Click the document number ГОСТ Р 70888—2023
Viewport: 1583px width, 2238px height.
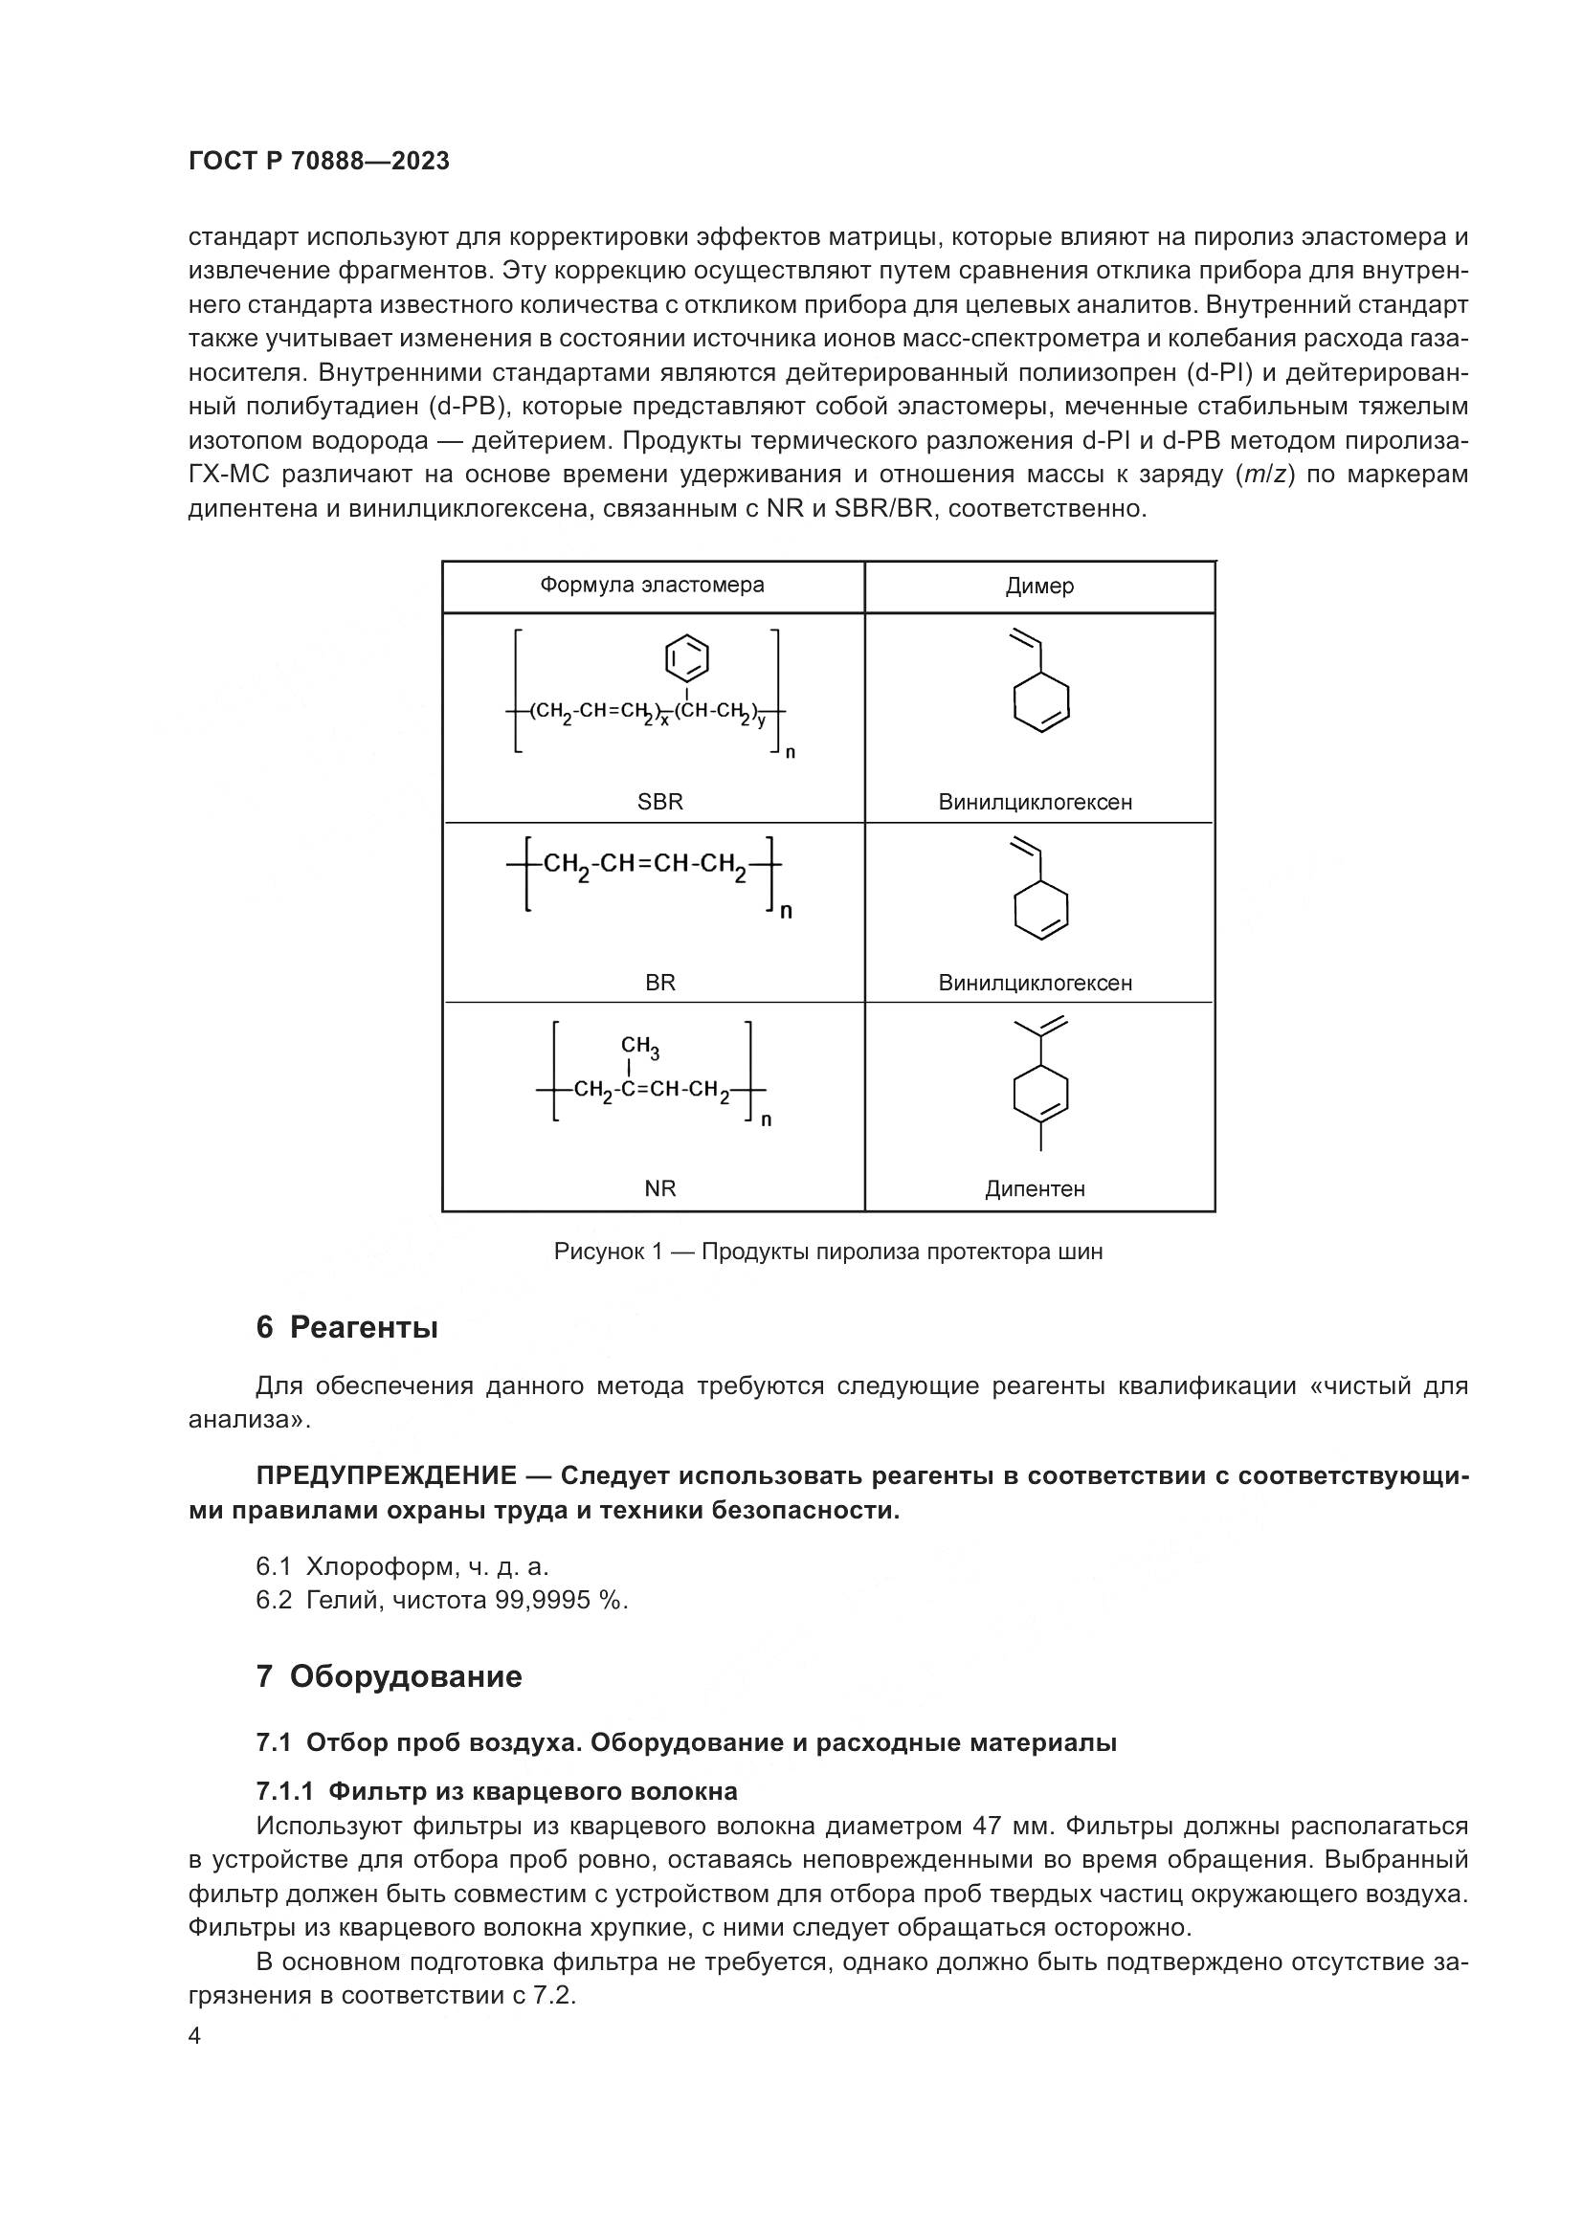tap(319, 162)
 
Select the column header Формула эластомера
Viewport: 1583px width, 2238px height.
tap(652, 585)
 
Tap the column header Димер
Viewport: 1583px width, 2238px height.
tap(1039, 586)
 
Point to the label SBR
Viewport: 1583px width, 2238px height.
tap(660, 802)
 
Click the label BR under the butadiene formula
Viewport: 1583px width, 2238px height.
tap(660, 983)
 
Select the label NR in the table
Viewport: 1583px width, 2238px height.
tap(660, 1188)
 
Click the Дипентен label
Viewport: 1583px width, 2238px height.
tap(1035, 1188)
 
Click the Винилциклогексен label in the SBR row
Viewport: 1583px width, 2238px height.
tap(1036, 802)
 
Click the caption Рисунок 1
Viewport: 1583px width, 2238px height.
tap(828, 1252)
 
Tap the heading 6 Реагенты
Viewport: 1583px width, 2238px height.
tap(347, 1328)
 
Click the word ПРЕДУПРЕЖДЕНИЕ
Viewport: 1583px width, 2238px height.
tap(386, 1475)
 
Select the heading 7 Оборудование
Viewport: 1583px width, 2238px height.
tap(389, 1676)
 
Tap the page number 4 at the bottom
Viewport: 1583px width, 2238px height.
tap(195, 2036)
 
